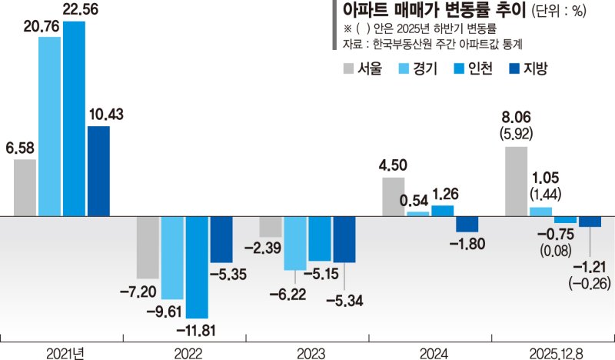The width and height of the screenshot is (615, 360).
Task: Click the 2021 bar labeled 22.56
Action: click(x=74, y=119)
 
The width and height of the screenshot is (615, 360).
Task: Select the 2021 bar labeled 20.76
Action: click(x=49, y=127)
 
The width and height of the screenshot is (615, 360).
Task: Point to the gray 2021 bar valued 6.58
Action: click(x=25, y=188)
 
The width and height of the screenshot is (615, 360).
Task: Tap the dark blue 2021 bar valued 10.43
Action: click(x=98, y=171)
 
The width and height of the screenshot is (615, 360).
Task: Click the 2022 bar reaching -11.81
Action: click(x=197, y=267)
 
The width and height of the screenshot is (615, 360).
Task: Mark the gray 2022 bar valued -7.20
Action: click(x=148, y=247)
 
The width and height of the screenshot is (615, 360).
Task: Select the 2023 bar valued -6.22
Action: click(x=295, y=243)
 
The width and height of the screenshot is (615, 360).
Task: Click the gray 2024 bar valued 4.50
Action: click(x=394, y=197)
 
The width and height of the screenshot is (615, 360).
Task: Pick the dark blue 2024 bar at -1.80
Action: click(x=467, y=225)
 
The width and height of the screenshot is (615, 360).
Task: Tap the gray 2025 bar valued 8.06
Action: click(x=516, y=182)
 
